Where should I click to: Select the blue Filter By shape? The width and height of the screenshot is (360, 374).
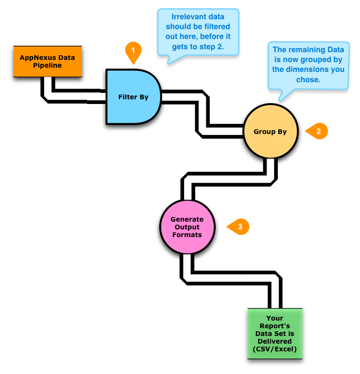coord(133,97)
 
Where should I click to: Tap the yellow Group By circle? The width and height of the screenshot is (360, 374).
coord(270,131)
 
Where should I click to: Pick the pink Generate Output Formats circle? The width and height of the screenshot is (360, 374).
coord(187,227)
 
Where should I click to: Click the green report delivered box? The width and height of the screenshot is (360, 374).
coord(274,336)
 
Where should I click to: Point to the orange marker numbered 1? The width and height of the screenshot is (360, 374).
coord(133,50)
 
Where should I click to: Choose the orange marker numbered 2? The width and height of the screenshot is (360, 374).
coord(318,131)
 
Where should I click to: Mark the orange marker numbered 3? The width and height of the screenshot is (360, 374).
coord(239,227)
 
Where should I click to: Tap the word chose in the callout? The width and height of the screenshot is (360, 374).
coord(308,80)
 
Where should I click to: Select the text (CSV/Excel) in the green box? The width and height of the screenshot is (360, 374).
coord(274,349)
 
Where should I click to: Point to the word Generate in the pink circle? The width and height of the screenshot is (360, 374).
coord(187,219)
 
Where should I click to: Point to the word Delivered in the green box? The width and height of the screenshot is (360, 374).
coord(274,341)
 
